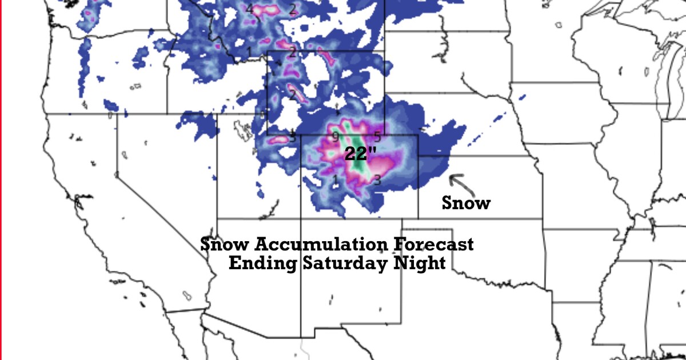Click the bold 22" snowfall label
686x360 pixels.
360,153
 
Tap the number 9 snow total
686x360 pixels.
336,137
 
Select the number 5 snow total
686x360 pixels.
377,136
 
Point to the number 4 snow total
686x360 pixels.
249,9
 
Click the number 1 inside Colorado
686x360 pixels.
336,181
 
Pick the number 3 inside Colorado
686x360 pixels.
377,181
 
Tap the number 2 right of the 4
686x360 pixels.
292,9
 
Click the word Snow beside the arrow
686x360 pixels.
466,203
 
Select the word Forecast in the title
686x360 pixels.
433,245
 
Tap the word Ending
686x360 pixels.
262,263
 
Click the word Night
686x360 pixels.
417,263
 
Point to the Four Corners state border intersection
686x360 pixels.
301,218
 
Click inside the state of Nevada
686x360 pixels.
160,171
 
